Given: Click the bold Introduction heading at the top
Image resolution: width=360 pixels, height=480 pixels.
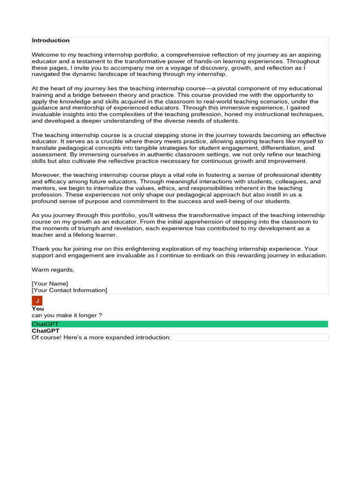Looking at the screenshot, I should pyautogui.click(x=51, y=40).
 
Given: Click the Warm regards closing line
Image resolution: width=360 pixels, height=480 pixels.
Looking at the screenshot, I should pyautogui.click(x=53, y=270).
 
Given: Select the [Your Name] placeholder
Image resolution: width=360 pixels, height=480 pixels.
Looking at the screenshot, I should pyautogui.click(x=50, y=284).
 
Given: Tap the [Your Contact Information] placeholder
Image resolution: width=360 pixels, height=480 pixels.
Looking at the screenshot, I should pyautogui.click(x=69, y=290).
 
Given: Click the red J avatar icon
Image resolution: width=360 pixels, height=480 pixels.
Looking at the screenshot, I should pyautogui.click(x=37, y=300).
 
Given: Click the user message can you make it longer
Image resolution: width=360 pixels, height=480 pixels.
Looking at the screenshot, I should pyautogui.click(x=67, y=315).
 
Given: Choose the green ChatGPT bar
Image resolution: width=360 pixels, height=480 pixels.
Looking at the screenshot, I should pyautogui.click(x=180, y=324).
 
